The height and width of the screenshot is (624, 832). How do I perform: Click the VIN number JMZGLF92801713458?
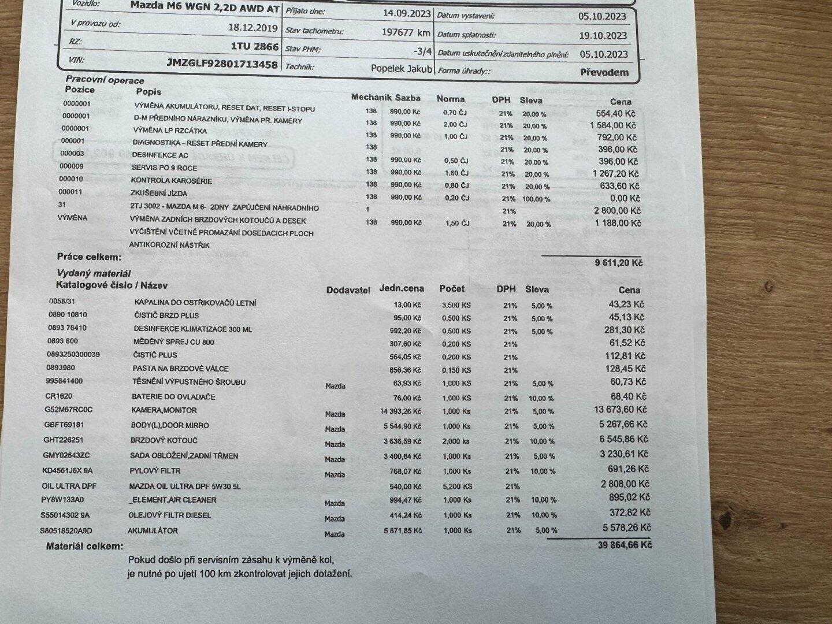click(222, 64)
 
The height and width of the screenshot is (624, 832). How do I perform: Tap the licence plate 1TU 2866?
click(255, 47)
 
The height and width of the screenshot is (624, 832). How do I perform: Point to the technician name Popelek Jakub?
click(402, 68)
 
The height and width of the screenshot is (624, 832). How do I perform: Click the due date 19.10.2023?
click(603, 35)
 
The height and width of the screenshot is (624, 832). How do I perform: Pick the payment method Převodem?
click(604, 73)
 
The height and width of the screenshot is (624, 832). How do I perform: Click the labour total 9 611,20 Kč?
click(618, 263)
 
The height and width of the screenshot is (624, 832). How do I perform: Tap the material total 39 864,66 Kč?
click(623, 545)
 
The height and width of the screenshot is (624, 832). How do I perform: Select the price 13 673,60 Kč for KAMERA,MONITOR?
click(618, 410)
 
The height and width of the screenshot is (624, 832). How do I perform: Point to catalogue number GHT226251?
click(64, 440)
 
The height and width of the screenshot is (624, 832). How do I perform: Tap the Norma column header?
click(450, 99)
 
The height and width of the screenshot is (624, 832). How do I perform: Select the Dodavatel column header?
click(348, 290)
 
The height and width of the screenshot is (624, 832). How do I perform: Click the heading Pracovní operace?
click(105, 80)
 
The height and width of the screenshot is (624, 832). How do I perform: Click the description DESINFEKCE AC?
click(160, 155)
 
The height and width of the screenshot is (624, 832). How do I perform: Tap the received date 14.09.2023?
click(407, 13)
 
